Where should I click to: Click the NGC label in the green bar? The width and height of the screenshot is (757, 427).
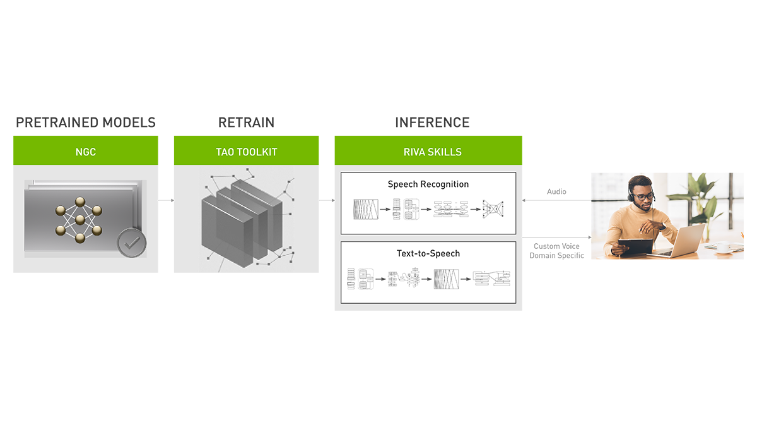pos(86,152)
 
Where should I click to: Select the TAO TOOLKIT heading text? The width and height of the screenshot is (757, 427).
pos(247,152)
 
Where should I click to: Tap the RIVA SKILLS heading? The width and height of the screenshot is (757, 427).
pos(432,152)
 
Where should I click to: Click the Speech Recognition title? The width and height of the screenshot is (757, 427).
pos(428,184)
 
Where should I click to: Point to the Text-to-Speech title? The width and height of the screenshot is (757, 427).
pos(428,253)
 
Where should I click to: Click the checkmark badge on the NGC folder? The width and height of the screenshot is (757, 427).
pos(131,243)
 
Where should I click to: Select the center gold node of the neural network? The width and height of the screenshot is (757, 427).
pos(79,220)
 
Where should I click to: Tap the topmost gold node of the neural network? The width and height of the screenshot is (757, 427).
pos(79,202)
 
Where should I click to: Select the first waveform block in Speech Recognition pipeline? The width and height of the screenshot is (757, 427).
pos(365,208)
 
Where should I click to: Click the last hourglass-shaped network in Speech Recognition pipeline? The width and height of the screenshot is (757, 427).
pos(494,208)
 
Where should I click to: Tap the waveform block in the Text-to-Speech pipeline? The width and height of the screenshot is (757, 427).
pos(445,278)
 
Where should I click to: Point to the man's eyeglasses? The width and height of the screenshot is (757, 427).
pos(643,196)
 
